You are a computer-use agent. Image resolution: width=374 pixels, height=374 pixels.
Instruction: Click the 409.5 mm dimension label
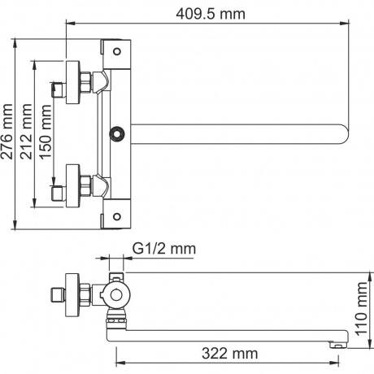[x=211, y=14]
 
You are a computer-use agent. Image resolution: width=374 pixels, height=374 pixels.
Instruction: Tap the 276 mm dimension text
[x=7, y=132]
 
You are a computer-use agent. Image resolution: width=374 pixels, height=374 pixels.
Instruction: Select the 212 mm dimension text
[x=27, y=132]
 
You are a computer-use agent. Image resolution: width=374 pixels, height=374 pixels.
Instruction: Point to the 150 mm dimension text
[x=45, y=132]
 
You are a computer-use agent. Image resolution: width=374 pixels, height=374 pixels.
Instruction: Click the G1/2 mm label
[x=164, y=249]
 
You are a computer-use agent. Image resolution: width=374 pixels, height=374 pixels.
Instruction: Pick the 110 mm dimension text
[x=361, y=308]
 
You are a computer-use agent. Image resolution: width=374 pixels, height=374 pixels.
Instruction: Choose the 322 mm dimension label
[x=230, y=354]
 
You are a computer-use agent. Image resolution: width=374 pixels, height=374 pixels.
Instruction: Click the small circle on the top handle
[x=117, y=51]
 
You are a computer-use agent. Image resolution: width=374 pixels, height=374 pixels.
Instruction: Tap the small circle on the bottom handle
[x=117, y=216]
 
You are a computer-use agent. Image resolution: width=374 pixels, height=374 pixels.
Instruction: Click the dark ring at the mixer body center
[x=117, y=134]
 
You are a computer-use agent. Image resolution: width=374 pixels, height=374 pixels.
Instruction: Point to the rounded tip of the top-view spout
[x=347, y=134]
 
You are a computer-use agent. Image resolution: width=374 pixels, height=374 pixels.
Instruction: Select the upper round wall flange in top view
[x=73, y=82]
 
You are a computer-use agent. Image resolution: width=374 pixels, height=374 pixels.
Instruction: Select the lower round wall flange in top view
[x=73, y=185]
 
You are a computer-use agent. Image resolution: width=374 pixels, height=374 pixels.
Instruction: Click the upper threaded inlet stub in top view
[x=59, y=89]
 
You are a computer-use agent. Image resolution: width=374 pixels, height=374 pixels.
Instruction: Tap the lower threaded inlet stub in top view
[x=59, y=194]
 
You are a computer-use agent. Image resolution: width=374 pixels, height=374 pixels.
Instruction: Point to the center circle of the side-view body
[x=117, y=295]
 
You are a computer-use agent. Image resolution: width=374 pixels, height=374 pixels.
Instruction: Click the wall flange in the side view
[x=73, y=295]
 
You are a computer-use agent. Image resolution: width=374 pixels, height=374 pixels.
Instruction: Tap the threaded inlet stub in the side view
[x=59, y=295]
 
